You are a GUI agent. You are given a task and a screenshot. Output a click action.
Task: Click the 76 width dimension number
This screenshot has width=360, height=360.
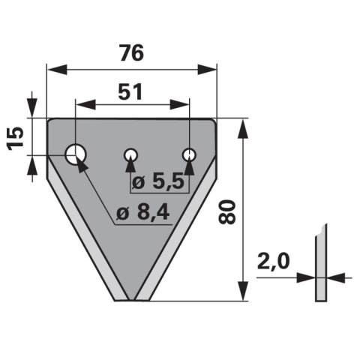[x=131, y=52]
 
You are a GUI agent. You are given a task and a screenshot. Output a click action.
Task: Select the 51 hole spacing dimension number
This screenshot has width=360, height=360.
[x=130, y=91]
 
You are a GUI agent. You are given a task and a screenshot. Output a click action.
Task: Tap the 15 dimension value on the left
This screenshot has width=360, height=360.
[x=16, y=139]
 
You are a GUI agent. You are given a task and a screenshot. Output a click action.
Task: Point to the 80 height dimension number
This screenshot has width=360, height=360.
[x=226, y=211]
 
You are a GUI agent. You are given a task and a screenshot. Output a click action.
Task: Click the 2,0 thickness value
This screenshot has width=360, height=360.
[x=273, y=261]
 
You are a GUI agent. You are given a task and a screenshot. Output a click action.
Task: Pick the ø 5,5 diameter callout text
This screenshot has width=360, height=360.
[x=158, y=182]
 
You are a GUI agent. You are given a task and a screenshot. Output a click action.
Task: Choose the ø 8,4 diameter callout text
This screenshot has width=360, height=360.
[x=143, y=213]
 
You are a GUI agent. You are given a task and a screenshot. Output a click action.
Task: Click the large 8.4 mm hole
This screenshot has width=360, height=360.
[x=76, y=154]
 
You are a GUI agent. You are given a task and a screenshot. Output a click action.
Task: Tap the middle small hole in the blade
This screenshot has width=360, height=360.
[x=130, y=155]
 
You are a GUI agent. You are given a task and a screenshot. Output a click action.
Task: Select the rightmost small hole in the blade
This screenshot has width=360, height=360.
[x=189, y=155]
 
